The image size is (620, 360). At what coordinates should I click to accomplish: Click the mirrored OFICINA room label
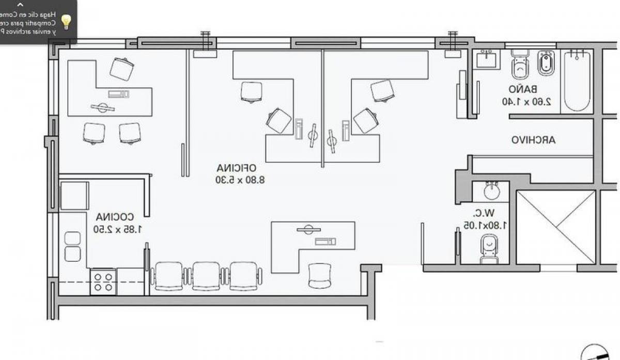tap(236, 168)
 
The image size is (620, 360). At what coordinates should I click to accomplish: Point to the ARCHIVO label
tap(534, 140)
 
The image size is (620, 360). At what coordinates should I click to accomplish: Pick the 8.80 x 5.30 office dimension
tap(236, 180)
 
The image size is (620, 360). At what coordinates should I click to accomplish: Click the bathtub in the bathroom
tap(577, 81)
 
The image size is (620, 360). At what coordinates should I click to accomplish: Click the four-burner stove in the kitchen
tap(103, 282)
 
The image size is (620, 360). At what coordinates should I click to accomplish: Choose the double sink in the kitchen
tap(72, 246)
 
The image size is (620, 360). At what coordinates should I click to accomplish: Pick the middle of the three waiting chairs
tap(206, 276)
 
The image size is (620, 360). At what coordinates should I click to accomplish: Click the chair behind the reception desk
tap(320, 275)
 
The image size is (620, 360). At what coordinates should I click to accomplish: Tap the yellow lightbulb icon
tap(66, 21)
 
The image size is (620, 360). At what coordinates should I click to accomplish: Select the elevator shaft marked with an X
tap(556, 228)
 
